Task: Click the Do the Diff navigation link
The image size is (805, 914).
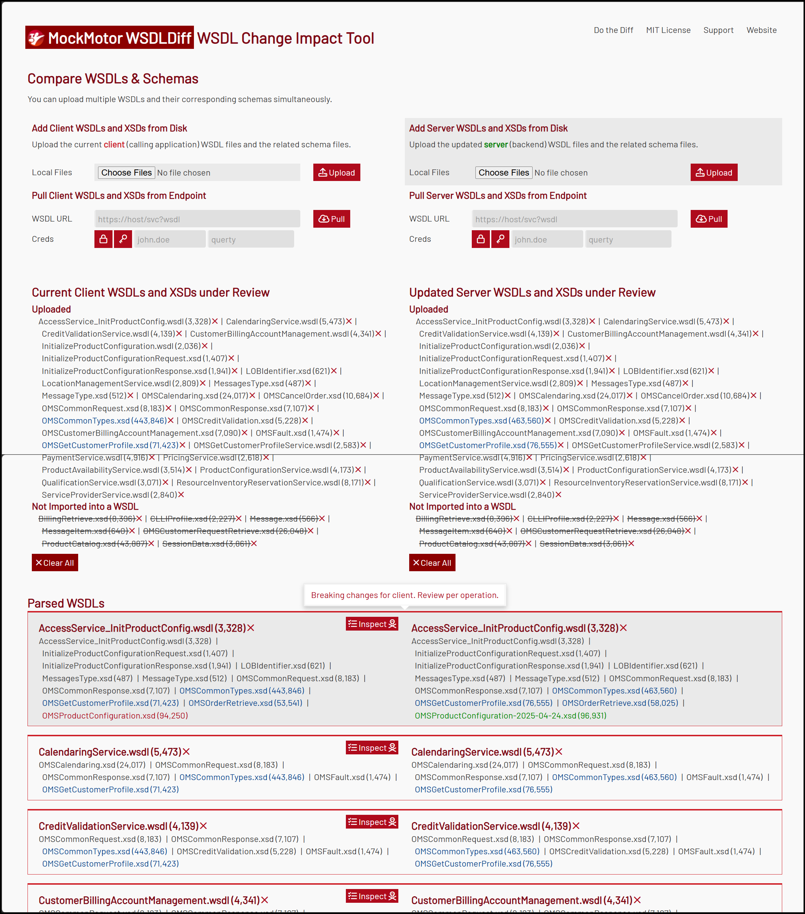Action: [x=613, y=30]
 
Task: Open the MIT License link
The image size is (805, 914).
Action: [x=668, y=30]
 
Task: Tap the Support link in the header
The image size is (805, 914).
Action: [x=718, y=30]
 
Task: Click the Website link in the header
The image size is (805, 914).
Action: [x=761, y=30]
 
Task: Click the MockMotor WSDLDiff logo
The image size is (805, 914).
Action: [x=110, y=38]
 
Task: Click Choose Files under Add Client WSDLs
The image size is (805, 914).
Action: [x=127, y=173]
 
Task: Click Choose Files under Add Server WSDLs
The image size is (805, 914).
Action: [x=503, y=173]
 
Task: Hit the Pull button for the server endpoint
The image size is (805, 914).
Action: [x=708, y=219]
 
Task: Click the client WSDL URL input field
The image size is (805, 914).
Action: [x=197, y=219]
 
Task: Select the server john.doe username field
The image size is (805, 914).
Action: [x=547, y=240]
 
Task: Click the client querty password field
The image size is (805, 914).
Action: [x=251, y=240]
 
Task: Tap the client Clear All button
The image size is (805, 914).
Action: [x=55, y=563]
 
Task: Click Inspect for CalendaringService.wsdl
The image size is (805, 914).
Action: [x=372, y=747]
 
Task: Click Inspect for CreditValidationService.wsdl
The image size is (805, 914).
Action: [x=372, y=822]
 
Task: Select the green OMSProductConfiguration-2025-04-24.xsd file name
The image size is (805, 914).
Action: [x=510, y=716]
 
